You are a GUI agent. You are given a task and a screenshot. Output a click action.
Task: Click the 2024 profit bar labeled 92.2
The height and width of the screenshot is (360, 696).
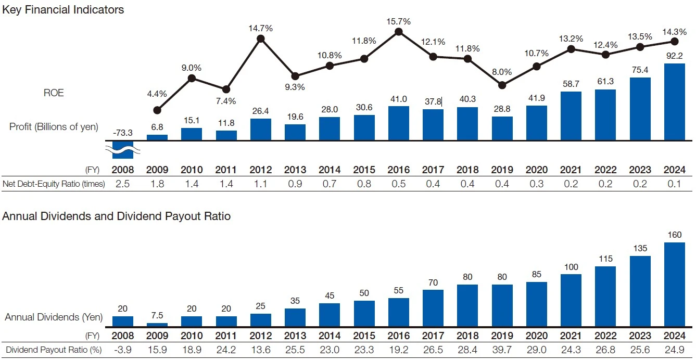pyautogui.click(x=675, y=101)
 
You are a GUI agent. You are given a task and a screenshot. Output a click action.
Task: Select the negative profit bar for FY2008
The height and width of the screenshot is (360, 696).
pyautogui.click(x=123, y=148)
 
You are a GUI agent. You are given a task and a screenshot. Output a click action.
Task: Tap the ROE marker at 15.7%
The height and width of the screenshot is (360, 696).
pyautogui.click(x=398, y=32)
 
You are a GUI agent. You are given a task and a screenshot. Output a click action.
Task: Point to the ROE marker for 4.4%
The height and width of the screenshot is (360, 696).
pyautogui.click(x=157, y=110)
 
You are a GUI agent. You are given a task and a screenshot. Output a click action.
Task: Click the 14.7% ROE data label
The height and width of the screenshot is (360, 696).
pyautogui.click(x=261, y=27)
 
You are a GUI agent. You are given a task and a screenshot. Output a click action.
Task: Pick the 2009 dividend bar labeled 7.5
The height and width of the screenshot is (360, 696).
pyautogui.click(x=157, y=325)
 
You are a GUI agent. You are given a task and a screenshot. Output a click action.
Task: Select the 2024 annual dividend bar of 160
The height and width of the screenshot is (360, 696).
pyautogui.click(x=675, y=284)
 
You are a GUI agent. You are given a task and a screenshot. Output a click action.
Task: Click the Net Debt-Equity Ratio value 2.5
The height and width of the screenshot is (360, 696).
pyautogui.click(x=123, y=184)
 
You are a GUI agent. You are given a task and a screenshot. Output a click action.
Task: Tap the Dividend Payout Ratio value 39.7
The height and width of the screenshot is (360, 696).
pyautogui.click(x=502, y=350)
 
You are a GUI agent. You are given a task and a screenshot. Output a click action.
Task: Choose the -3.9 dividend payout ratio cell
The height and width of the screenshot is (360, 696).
pyautogui.click(x=123, y=350)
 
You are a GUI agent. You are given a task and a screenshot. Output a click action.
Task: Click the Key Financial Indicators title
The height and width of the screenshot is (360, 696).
pyautogui.click(x=63, y=9)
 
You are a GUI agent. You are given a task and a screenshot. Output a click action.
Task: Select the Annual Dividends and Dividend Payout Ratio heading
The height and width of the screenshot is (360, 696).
pyautogui.click(x=116, y=216)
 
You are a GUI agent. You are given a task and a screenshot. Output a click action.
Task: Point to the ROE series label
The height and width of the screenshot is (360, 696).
pyautogui.click(x=54, y=93)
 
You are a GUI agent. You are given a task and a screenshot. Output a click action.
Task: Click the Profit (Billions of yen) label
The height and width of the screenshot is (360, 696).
pyautogui.click(x=54, y=127)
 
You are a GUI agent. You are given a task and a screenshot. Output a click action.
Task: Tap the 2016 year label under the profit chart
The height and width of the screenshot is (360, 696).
pyautogui.click(x=398, y=170)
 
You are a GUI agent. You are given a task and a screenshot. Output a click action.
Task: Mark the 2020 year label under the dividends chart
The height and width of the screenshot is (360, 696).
pyautogui.click(x=537, y=336)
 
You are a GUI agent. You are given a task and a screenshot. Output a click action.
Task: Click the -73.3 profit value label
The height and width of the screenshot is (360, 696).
pyautogui.click(x=123, y=133)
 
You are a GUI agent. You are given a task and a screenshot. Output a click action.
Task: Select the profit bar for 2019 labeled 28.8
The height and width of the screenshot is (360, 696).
pyautogui.click(x=502, y=128)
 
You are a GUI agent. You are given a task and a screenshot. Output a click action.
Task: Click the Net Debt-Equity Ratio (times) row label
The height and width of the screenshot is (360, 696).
pyautogui.click(x=54, y=184)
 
